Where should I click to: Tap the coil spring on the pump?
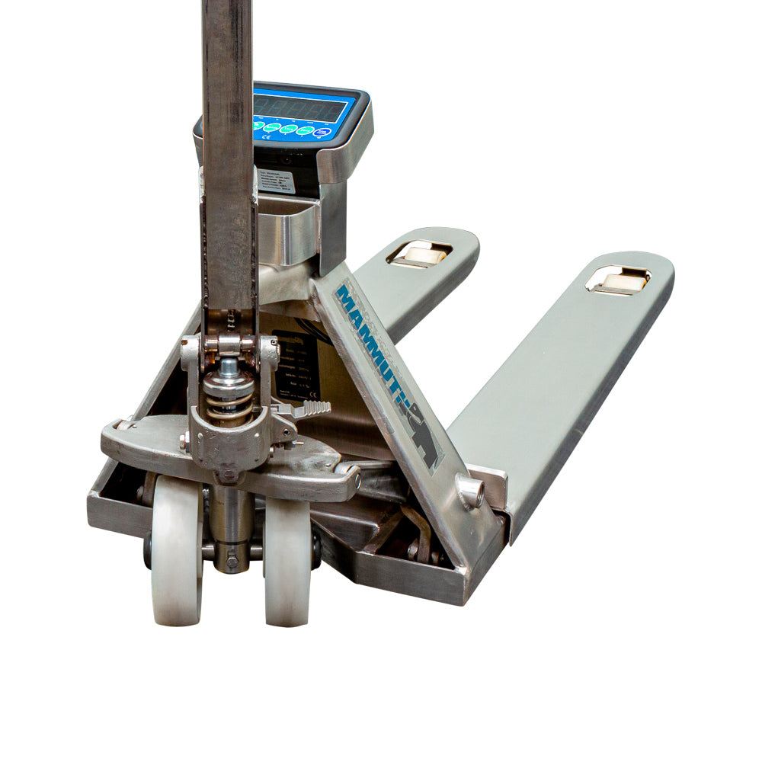click(x=228, y=400)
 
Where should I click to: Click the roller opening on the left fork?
click(x=419, y=254)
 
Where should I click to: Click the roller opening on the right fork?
click(x=618, y=280)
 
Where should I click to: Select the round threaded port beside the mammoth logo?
click(x=470, y=491)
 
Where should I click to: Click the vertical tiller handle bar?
click(x=228, y=152)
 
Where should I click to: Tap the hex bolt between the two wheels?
click(x=231, y=562)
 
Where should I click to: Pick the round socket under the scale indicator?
click(x=286, y=160)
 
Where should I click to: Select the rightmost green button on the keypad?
click(x=306, y=130)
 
